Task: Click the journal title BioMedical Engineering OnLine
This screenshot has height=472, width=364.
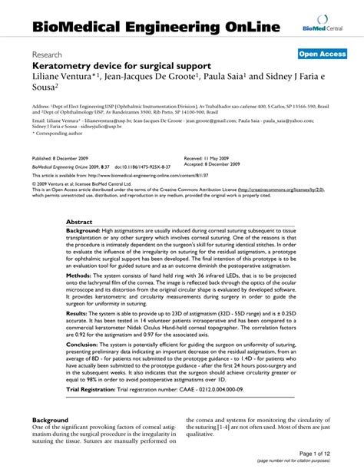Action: click(x=155, y=28)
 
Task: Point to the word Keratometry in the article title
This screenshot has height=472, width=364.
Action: click(x=67, y=68)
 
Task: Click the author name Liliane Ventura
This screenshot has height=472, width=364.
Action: click(x=61, y=79)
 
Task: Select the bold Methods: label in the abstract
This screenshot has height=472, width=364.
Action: click(x=83, y=275)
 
